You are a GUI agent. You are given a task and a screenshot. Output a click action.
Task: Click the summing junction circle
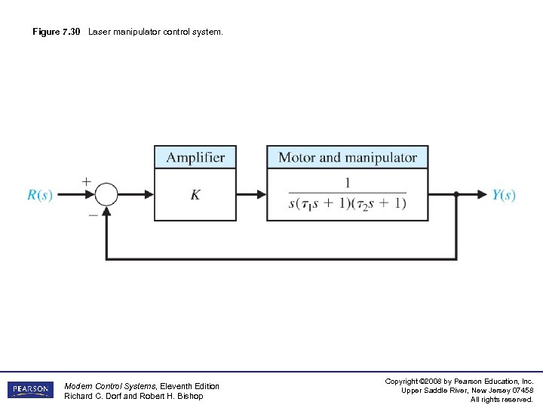(107, 194)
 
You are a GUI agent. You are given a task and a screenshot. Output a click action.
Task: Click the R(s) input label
(40, 195)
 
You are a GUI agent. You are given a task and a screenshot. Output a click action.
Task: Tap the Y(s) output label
(504, 195)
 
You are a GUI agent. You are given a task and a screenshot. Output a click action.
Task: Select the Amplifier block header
(195, 157)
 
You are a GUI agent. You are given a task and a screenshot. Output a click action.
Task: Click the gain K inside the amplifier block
(195, 195)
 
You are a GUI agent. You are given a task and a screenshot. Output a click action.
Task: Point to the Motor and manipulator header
(348, 157)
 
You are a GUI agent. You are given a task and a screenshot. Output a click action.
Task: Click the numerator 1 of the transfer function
(347, 182)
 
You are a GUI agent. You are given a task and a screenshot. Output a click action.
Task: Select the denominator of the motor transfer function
(347, 203)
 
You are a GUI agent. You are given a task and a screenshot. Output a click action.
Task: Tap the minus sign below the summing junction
(92, 214)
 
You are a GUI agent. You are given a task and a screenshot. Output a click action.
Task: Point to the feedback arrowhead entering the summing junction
(107, 212)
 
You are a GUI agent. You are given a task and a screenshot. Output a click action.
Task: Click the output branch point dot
(456, 194)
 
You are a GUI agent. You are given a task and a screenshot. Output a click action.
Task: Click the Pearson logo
(30, 390)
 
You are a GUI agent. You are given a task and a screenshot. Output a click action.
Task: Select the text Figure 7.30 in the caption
(57, 32)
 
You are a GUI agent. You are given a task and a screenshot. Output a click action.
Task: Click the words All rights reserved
(502, 399)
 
